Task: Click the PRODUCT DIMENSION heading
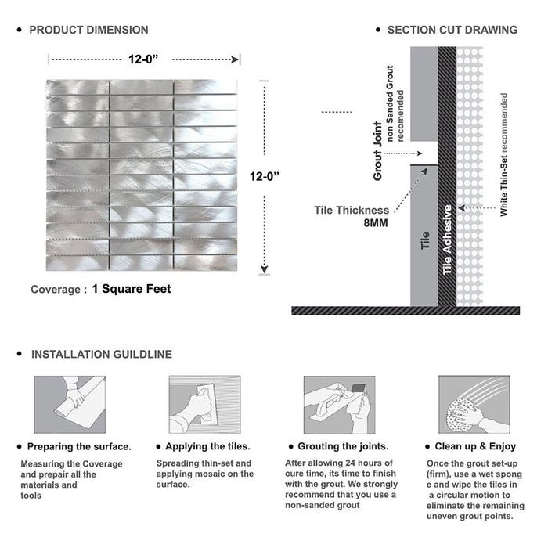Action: click(x=88, y=31)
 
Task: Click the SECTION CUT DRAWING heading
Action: click(x=452, y=31)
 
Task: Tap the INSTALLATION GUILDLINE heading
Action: click(x=101, y=355)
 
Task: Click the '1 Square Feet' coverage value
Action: click(x=131, y=289)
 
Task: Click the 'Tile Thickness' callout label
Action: click(x=351, y=210)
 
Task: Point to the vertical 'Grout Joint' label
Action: click(x=378, y=151)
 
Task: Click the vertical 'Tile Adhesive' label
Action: click(x=448, y=240)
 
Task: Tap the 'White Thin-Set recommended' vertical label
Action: click(x=504, y=155)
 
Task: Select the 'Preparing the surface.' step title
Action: click(x=79, y=447)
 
